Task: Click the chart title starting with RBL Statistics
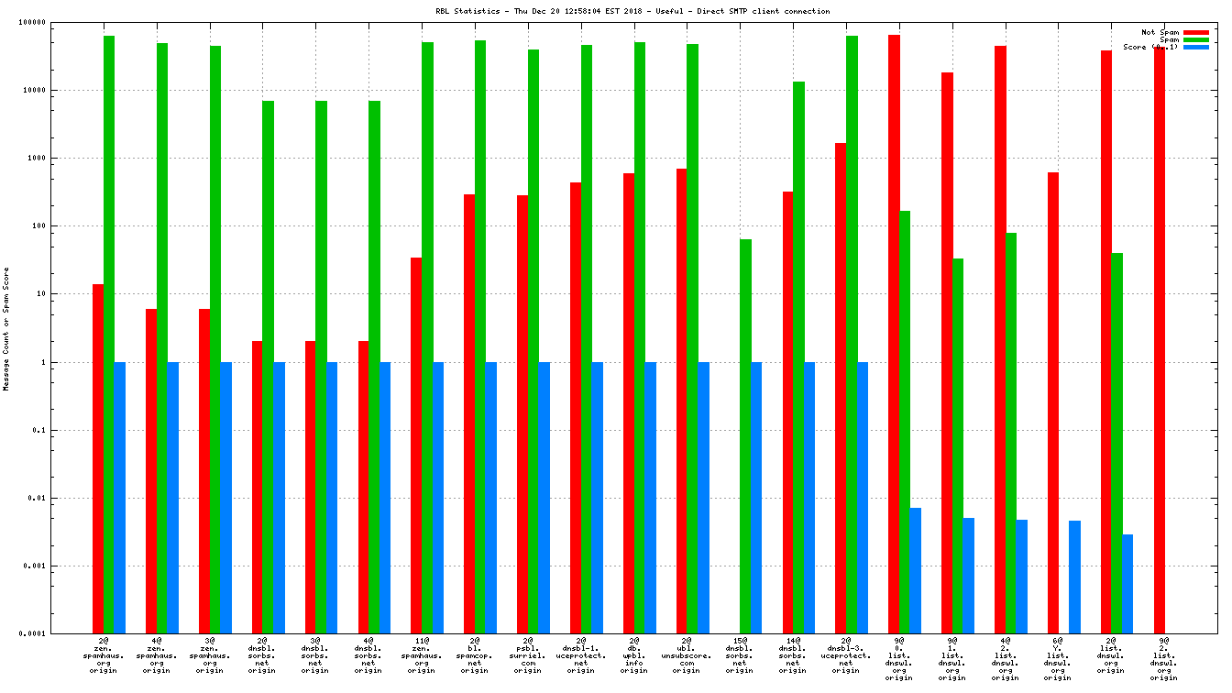point(633,11)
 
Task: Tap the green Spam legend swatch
point(1195,39)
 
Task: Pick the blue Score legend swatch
point(1195,47)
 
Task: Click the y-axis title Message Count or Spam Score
point(6,328)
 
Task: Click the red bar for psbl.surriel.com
point(522,413)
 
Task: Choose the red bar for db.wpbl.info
point(629,402)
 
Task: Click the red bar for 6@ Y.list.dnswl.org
point(1053,402)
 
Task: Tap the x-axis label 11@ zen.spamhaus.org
point(421,655)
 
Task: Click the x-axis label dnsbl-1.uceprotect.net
point(580,655)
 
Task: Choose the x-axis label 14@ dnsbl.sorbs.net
point(793,655)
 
